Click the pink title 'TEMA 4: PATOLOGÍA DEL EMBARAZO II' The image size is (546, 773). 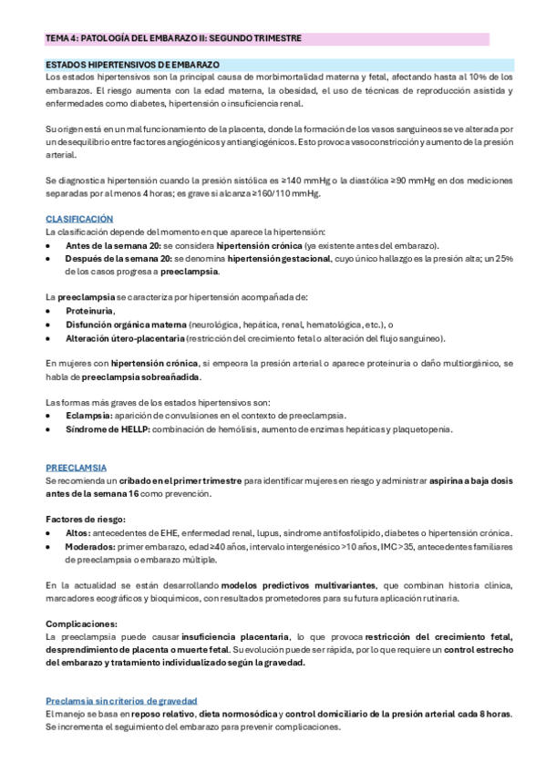pos(173,38)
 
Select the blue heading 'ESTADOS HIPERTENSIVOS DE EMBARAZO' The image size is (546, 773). pos(133,66)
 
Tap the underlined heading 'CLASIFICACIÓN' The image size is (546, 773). pos(79,219)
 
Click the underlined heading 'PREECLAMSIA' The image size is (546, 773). pos(76,466)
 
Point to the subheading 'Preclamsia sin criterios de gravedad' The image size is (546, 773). pos(123,700)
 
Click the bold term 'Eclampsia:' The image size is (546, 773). pos(89,416)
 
